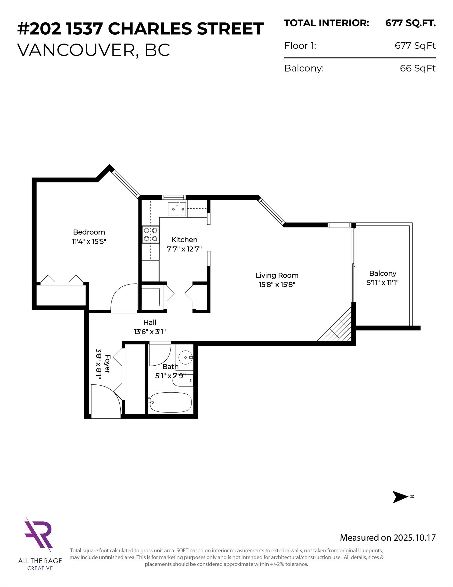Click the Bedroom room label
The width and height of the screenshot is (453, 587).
(89, 232)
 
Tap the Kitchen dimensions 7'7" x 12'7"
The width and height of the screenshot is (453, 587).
(184, 249)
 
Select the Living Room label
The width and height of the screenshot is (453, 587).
(277, 275)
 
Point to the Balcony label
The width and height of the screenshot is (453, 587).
(383, 273)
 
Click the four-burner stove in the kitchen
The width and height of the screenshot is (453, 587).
(150, 234)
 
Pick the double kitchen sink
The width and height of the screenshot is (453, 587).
(177, 209)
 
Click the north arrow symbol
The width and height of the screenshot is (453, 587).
(400, 497)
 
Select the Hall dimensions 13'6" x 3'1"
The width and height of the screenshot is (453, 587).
(150, 331)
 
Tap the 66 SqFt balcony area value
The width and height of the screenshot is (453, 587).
(418, 68)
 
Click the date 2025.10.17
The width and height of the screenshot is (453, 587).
(414, 538)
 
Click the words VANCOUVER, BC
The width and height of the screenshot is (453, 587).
(93, 50)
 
